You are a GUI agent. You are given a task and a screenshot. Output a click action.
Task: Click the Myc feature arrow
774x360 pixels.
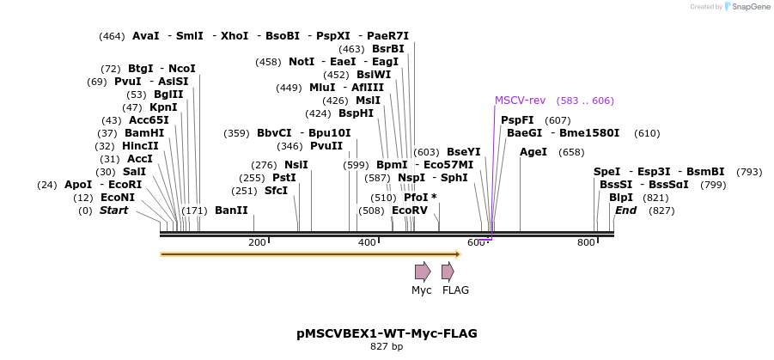[x=422, y=272]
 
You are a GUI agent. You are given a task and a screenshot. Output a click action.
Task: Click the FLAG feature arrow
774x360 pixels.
[x=448, y=272]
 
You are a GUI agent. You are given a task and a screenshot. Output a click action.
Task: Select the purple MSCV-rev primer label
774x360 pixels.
[x=520, y=101]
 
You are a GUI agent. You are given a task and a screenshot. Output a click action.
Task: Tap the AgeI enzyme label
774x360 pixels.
[x=533, y=152]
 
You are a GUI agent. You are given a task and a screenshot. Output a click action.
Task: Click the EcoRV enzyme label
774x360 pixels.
[x=409, y=210]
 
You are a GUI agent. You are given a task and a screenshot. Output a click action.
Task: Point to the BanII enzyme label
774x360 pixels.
[x=231, y=210]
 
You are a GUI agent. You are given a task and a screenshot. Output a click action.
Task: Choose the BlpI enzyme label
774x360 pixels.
[x=620, y=197]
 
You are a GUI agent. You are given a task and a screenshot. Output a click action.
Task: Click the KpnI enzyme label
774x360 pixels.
[x=163, y=107]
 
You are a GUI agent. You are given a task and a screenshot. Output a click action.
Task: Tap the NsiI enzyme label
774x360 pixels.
[x=296, y=165]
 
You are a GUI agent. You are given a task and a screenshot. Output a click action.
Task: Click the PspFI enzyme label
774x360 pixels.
[x=517, y=120]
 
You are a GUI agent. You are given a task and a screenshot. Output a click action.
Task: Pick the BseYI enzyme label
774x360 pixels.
[x=464, y=152]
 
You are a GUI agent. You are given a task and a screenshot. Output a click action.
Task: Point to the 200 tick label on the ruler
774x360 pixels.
[x=257, y=242]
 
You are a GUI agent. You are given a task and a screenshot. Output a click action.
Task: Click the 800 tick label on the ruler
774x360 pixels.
[x=586, y=242]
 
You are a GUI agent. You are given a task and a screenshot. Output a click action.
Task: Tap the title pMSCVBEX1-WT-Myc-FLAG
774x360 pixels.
[x=387, y=333]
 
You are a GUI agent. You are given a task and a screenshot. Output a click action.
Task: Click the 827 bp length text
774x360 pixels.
[x=387, y=347]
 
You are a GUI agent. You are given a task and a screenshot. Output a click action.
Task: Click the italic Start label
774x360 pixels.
[x=113, y=210]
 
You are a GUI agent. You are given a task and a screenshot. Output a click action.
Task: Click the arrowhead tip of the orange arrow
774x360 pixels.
[x=460, y=253]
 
